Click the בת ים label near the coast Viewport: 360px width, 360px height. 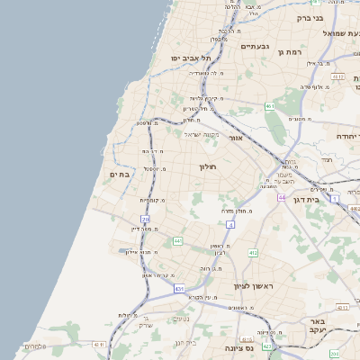[121, 175]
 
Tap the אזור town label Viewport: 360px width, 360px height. [236, 139]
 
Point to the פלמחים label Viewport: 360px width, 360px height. [33, 346]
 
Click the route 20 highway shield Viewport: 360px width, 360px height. [145, 220]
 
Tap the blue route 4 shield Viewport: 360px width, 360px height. [230, 224]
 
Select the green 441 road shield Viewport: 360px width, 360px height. [177, 241]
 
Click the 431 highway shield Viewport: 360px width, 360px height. [179, 289]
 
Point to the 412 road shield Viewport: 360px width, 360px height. [253, 253]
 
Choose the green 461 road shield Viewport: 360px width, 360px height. [269, 106]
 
